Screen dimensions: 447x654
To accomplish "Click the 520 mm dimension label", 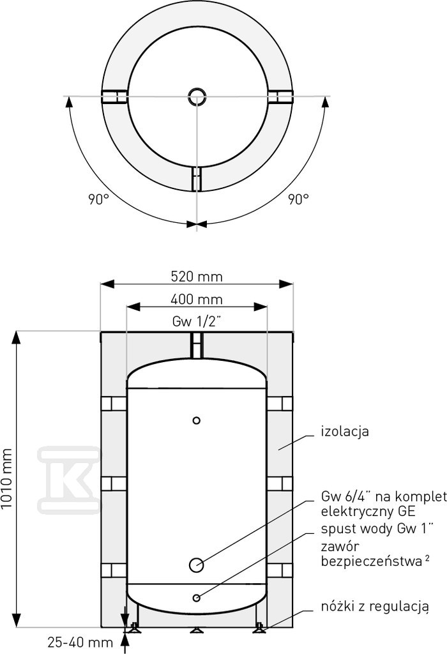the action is [x=197, y=277].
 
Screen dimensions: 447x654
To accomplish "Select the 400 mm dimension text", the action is [x=197, y=300].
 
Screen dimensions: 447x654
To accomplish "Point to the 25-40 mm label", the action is [x=80, y=643].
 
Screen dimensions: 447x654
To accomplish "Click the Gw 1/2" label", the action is [x=196, y=322].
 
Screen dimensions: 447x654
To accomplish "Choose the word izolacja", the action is [x=345, y=431].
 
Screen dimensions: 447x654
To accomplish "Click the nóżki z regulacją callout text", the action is [x=375, y=607].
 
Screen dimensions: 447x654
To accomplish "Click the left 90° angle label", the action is [x=98, y=199].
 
